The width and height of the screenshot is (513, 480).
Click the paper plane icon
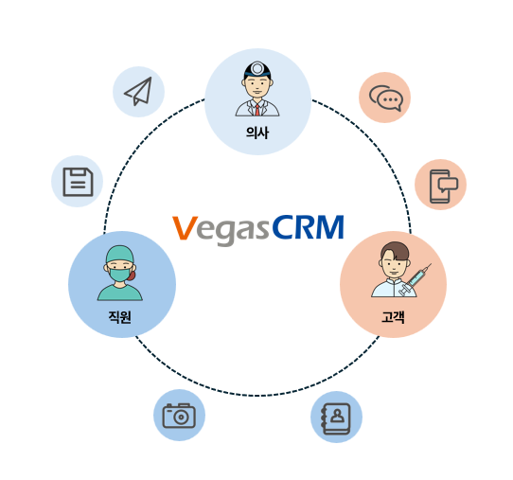pyautogui.click(x=140, y=93)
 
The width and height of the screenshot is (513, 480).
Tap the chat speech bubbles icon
pyautogui.click(x=386, y=98)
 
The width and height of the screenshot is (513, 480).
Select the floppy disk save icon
pyautogui.click(x=78, y=182)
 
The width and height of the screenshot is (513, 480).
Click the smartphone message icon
pyautogui.click(x=443, y=187)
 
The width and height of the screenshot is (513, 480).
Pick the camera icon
pyautogui.click(x=179, y=416)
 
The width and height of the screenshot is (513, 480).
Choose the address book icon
pyautogui.click(x=336, y=418)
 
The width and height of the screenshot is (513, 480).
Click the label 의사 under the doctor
pyautogui.click(x=257, y=133)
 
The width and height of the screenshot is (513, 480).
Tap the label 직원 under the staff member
pyautogui.click(x=120, y=317)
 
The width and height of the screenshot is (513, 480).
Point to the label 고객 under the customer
pyautogui.click(x=393, y=317)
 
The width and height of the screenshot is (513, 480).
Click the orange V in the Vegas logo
pyautogui.click(x=185, y=228)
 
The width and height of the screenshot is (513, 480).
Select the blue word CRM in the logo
pyautogui.click(x=308, y=227)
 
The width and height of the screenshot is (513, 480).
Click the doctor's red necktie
pyautogui.click(x=257, y=110)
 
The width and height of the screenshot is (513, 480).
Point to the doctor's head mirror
pyautogui.click(x=257, y=68)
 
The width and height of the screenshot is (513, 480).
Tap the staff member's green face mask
pyautogui.click(x=120, y=275)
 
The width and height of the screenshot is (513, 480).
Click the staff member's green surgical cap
pyautogui.click(x=120, y=255)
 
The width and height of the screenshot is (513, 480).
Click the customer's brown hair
pyautogui.click(x=396, y=250)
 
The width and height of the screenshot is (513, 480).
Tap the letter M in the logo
pyautogui.click(x=329, y=227)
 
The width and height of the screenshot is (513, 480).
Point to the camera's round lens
pyautogui.click(x=180, y=417)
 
